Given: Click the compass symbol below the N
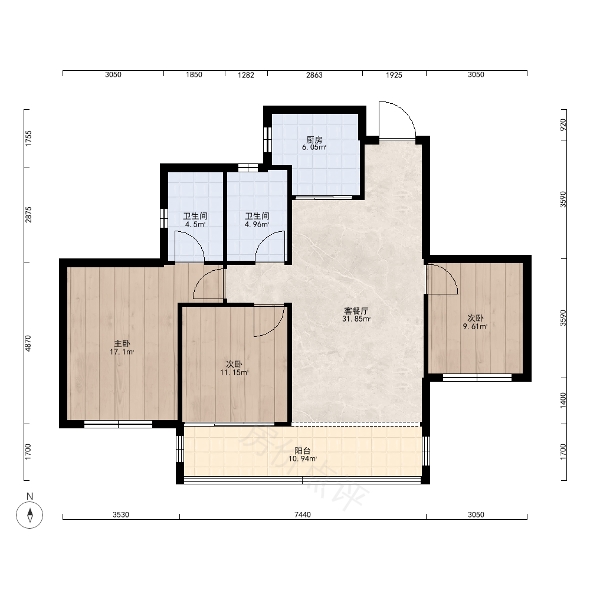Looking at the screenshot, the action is pyautogui.click(x=29, y=514).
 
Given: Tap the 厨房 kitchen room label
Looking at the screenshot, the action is pyautogui.click(x=314, y=140).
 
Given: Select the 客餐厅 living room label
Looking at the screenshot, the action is pyautogui.click(x=356, y=311).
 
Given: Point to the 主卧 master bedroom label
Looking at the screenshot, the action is pyautogui.click(x=122, y=343).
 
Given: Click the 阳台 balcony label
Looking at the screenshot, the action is pyautogui.click(x=303, y=451).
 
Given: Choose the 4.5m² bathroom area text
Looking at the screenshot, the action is pyautogui.click(x=195, y=225).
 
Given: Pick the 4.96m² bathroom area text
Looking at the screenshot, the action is pyautogui.click(x=257, y=225).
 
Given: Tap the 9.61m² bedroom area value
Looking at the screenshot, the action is pyautogui.click(x=475, y=327).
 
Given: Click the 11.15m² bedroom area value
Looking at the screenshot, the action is pyautogui.click(x=234, y=372).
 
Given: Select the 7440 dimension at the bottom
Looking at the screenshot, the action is pyautogui.click(x=303, y=514).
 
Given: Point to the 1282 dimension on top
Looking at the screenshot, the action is pyautogui.click(x=246, y=75).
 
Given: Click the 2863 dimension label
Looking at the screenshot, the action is pyautogui.click(x=314, y=75).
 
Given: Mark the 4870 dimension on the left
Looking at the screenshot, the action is pyautogui.click(x=28, y=343).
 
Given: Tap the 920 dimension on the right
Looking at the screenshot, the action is pyautogui.click(x=563, y=125).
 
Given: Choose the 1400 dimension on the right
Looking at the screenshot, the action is pyautogui.click(x=563, y=401).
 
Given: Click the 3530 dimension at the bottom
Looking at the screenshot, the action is pyautogui.click(x=121, y=514).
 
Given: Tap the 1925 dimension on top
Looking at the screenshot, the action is pyautogui.click(x=394, y=75).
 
